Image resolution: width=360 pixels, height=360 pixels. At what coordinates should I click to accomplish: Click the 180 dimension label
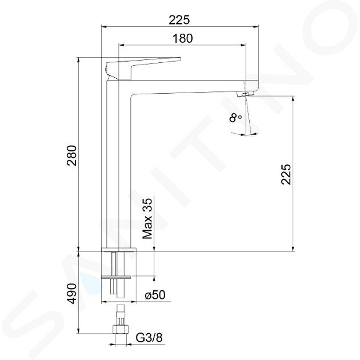[182, 38]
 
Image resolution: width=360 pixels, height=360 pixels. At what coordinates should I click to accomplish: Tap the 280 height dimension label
[71, 155]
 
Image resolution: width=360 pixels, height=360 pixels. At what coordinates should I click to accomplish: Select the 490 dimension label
[71, 294]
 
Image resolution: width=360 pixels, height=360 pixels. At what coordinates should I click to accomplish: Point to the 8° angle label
[235, 118]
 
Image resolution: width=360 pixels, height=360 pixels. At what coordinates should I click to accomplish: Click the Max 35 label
[147, 218]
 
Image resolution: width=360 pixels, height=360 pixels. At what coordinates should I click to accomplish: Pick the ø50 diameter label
[155, 295]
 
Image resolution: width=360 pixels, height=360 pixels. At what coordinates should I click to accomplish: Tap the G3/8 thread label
[149, 338]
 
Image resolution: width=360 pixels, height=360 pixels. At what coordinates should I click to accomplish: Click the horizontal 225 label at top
[179, 20]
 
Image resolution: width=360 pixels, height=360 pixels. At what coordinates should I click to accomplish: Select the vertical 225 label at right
[286, 174]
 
